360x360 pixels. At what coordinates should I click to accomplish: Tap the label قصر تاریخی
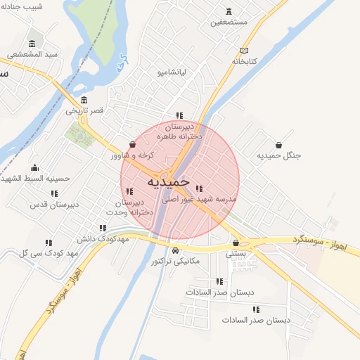pyautogui.click(x=85, y=110)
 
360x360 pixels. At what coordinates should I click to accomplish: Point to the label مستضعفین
pyautogui.click(x=229, y=22)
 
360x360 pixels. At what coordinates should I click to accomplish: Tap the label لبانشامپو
pyautogui.click(x=171, y=72)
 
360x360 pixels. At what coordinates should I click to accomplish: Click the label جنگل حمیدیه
pyautogui.click(x=278, y=155)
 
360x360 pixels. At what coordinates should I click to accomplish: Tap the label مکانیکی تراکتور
pyautogui.click(x=175, y=262)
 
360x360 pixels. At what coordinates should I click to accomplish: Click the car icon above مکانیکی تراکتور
pyautogui.click(x=175, y=250)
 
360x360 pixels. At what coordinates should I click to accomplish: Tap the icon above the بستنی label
pyautogui.click(x=236, y=243)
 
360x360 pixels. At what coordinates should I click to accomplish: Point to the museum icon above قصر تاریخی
pyautogui.click(x=84, y=99)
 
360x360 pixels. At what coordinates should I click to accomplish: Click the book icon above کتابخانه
pyautogui.click(x=245, y=51)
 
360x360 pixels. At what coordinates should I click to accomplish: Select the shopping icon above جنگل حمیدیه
pyautogui.click(x=279, y=145)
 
